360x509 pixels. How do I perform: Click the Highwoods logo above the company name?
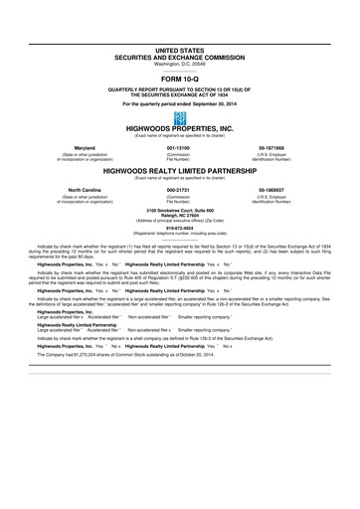click(179, 118)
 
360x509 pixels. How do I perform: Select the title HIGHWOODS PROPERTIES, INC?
click(179, 129)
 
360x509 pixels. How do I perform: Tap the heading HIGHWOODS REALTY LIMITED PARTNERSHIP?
click(179, 169)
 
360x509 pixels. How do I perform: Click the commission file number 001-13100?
click(179, 147)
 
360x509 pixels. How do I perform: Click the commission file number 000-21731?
click(179, 187)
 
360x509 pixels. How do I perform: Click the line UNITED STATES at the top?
click(179, 48)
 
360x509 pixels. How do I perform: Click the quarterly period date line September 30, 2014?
click(179, 102)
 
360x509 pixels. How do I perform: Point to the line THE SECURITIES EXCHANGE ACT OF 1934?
click(179, 94)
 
